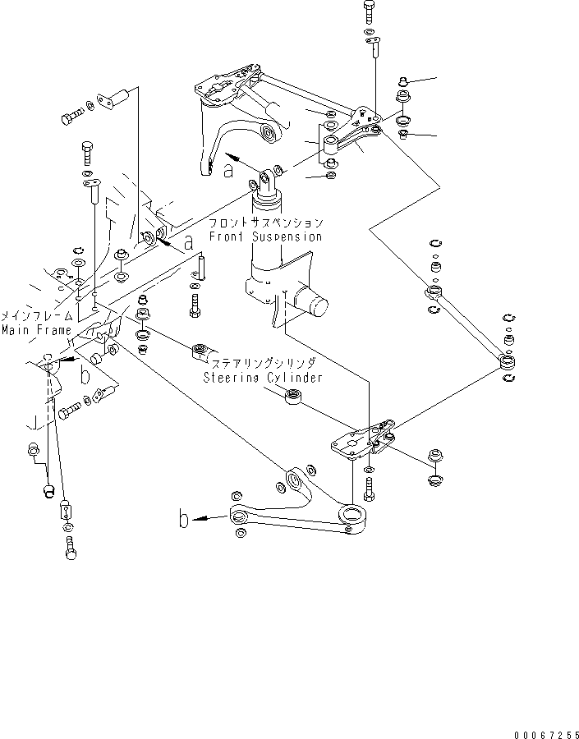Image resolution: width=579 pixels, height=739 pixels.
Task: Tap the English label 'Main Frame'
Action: click(31, 330)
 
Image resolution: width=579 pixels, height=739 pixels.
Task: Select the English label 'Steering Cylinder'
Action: click(263, 378)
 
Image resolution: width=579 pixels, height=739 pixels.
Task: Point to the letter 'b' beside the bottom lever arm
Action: click(184, 518)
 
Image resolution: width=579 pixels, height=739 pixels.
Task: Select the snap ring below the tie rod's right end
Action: click(509, 376)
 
